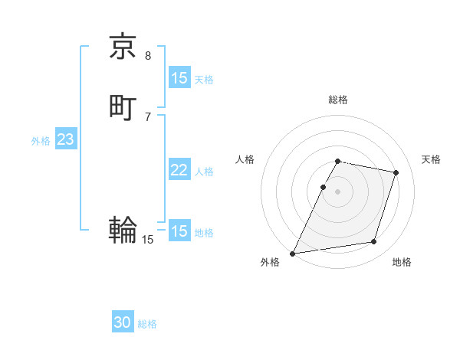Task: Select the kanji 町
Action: point(123,107)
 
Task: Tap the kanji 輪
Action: point(123,229)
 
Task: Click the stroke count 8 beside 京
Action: point(148,56)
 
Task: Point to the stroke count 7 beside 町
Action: point(148,117)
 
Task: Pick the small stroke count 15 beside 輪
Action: point(148,240)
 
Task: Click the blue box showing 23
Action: point(65,139)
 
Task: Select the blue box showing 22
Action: point(179,170)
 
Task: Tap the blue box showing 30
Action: point(123,322)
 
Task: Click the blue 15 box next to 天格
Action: point(179,78)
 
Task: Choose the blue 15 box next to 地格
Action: point(179,231)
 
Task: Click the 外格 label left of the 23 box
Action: point(41,141)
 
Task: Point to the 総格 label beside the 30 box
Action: point(147,324)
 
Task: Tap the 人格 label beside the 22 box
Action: point(205,172)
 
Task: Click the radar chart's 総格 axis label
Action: point(338,100)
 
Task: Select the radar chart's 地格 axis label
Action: point(402,262)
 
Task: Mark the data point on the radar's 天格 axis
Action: point(396,172)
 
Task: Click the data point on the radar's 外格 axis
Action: point(293,254)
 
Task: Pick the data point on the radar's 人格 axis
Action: point(324,187)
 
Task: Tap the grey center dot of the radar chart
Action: point(338,191)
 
